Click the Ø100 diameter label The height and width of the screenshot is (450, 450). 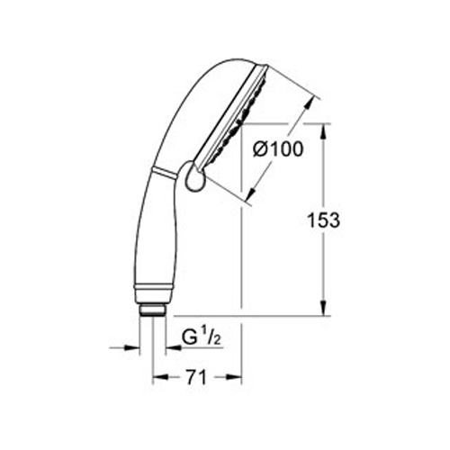[278, 149]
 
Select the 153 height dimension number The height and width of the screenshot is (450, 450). [324, 220]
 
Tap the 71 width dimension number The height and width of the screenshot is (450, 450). [196, 377]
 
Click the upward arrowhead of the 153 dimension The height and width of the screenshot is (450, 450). [324, 131]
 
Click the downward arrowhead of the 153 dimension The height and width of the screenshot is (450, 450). [324, 308]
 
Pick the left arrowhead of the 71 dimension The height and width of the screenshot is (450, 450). [160, 377]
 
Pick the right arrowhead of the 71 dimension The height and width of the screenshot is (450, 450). [234, 377]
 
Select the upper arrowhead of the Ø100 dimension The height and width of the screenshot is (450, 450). [311, 103]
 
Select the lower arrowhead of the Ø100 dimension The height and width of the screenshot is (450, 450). [252, 193]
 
